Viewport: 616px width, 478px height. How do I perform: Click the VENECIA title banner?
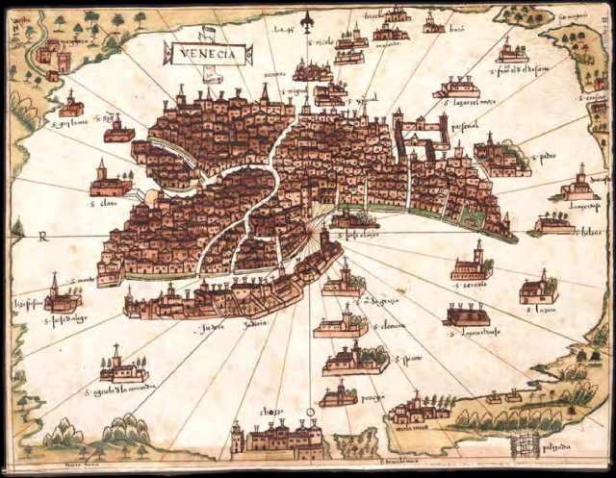tap(208, 54)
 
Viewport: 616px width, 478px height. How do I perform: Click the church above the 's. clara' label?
tap(108, 183)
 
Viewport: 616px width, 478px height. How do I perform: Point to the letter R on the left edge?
tap(42, 234)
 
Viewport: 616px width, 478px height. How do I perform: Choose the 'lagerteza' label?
tap(578, 204)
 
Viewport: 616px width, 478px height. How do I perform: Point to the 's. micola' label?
tap(321, 43)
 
